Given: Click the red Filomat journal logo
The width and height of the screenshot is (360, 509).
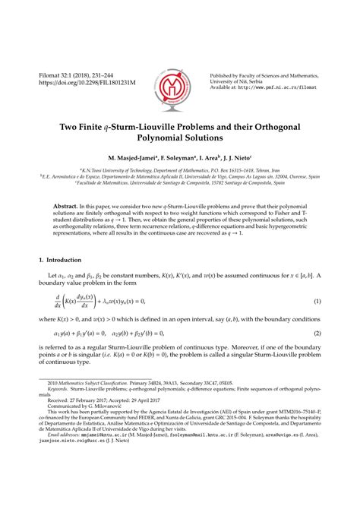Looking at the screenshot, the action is click(x=180, y=78).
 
